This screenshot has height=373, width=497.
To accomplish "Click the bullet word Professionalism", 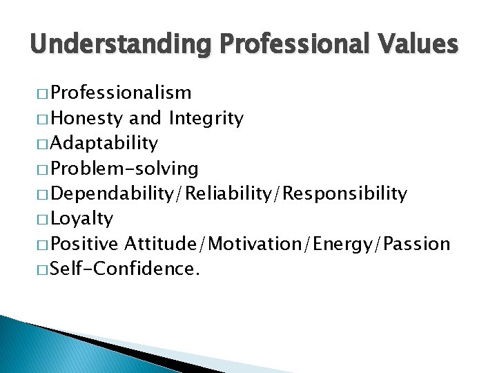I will [x=121, y=93].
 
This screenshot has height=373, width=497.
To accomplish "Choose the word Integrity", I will [x=206, y=119].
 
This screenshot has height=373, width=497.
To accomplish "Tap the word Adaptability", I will [x=104, y=144].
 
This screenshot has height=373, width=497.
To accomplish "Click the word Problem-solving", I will [x=124, y=169].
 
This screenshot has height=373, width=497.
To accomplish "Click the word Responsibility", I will [x=343, y=194].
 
